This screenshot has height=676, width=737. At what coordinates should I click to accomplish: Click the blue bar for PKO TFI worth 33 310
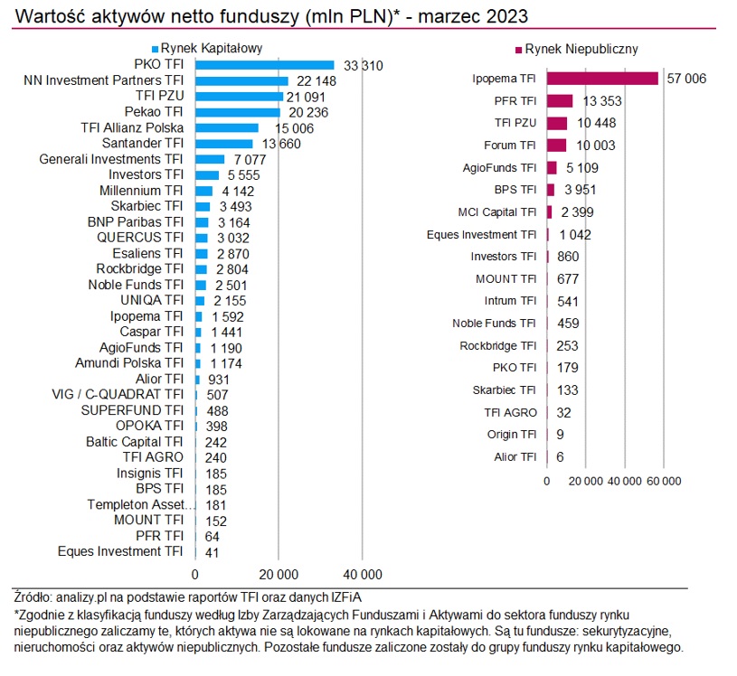(x=264, y=65)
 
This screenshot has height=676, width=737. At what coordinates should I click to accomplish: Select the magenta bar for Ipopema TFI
(x=602, y=79)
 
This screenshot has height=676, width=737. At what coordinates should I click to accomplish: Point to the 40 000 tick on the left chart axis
(x=362, y=574)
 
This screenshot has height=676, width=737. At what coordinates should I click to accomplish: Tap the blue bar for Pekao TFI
(x=238, y=112)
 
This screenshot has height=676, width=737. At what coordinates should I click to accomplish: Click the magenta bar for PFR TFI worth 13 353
(x=560, y=100)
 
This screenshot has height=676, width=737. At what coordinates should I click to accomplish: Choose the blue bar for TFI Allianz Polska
(x=226, y=128)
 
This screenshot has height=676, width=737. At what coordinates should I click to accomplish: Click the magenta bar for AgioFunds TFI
(x=552, y=167)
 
